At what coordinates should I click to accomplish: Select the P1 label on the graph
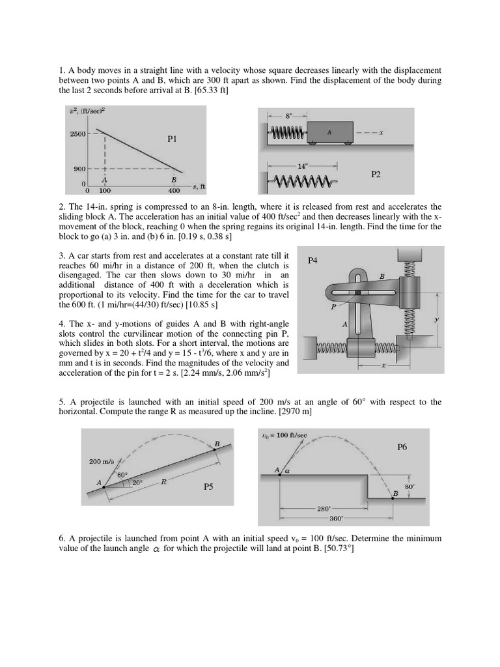pyautogui.click(x=173, y=139)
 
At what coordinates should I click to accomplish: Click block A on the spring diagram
pyautogui.click(x=330, y=132)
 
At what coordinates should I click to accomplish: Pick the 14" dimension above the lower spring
pyautogui.click(x=302, y=166)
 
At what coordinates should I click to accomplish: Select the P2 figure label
pyautogui.click(x=376, y=175)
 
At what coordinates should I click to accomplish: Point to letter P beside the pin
pyautogui.click(x=333, y=305)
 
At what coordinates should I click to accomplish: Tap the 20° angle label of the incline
pyautogui.click(x=137, y=483)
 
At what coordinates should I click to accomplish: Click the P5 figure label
pyautogui.click(x=208, y=487)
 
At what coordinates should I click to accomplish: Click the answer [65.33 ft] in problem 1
pyautogui.click(x=206, y=91)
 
